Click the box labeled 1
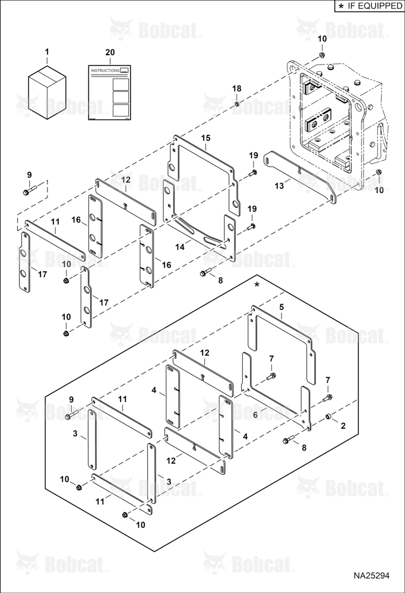pyautogui.click(x=48, y=92)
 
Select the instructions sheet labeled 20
pyautogui.click(x=110, y=93)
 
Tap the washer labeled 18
pyautogui.click(x=237, y=104)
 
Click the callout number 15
pyautogui.click(x=205, y=138)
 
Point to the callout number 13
pyautogui.click(x=279, y=186)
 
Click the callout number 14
pyautogui.click(x=180, y=247)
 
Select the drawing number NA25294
pyautogui.click(x=372, y=576)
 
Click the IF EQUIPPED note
pyautogui.click(x=369, y=6)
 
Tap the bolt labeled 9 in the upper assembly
pyautogui.click(x=29, y=190)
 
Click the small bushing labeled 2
pyautogui.click(x=329, y=416)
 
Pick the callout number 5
pyautogui.click(x=281, y=307)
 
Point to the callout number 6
pyautogui.click(x=255, y=415)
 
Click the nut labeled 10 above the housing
pyautogui.click(x=321, y=55)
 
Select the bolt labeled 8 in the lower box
pyautogui.click(x=289, y=440)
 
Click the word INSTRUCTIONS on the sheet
pyautogui.click(x=105, y=71)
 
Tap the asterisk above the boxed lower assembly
pyautogui.click(x=257, y=285)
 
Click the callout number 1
pyautogui.click(x=47, y=51)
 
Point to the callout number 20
pyautogui.click(x=110, y=52)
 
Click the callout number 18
pyautogui.click(x=237, y=88)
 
